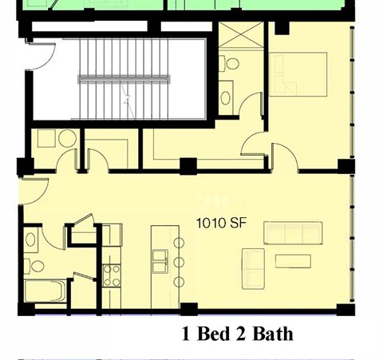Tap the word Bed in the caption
click(x=211, y=334)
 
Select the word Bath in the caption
click(x=273, y=334)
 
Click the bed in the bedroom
click(x=298, y=74)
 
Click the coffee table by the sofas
click(x=293, y=261)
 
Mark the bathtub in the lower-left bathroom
click(x=44, y=291)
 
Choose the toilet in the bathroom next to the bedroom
click(x=229, y=64)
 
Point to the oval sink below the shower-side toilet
click(x=227, y=97)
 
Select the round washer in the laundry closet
click(x=67, y=138)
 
